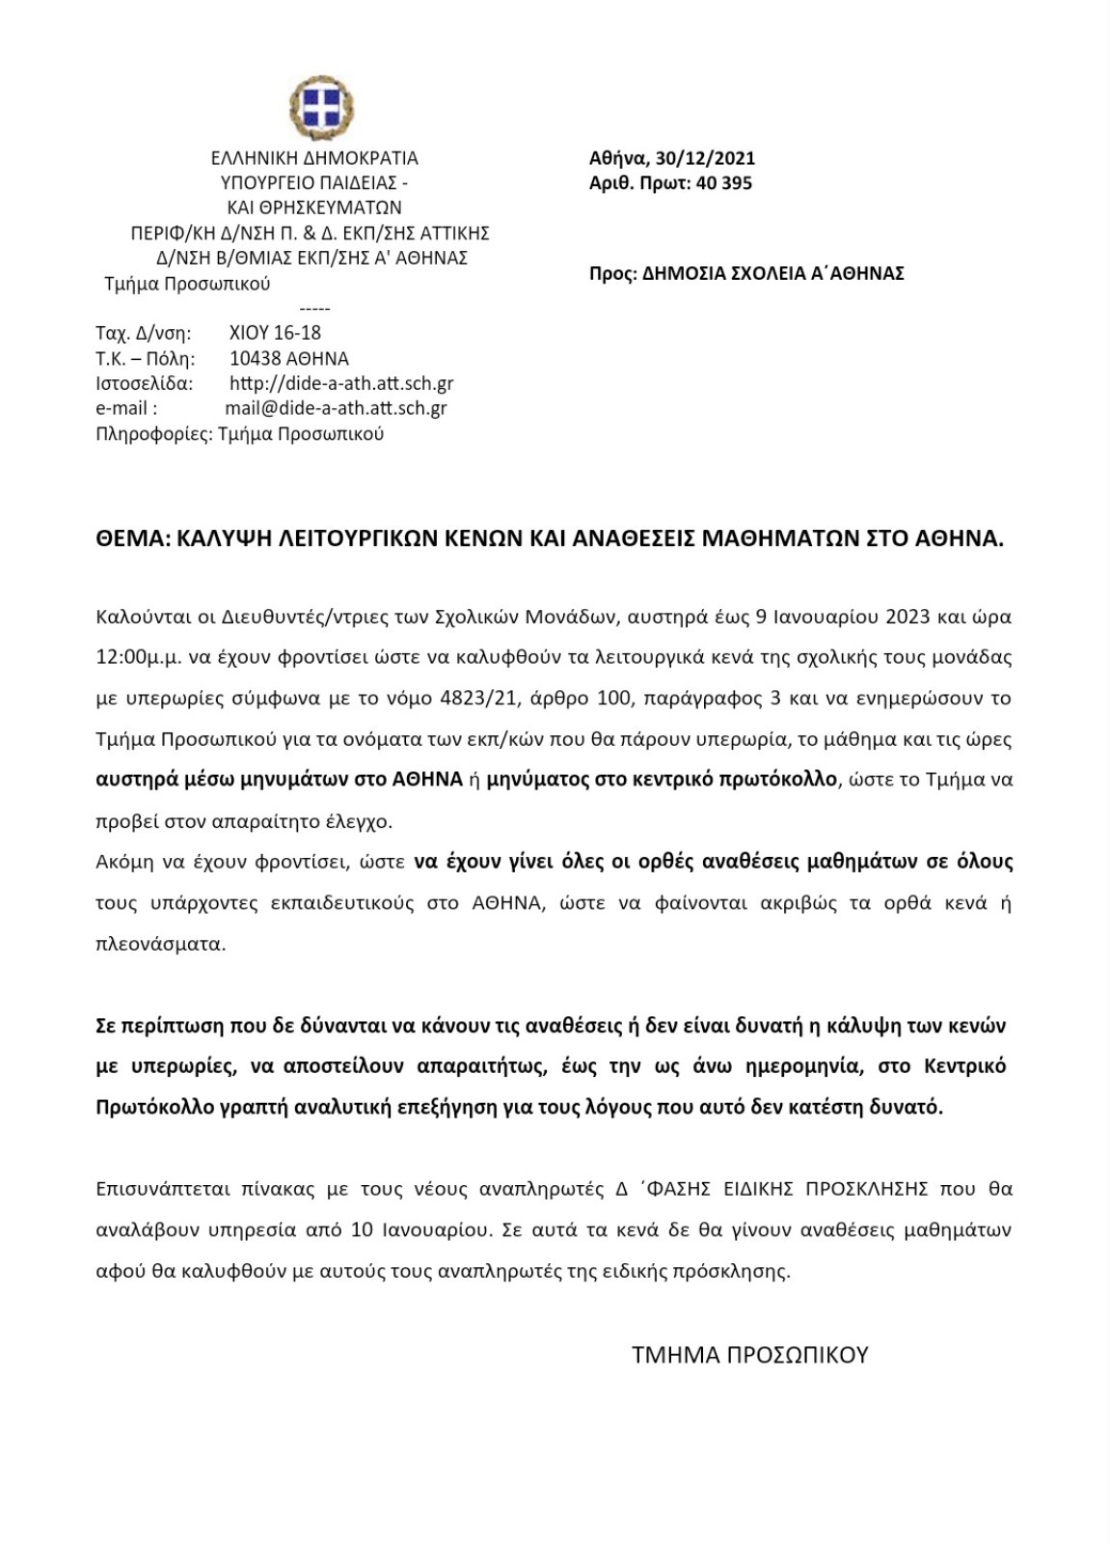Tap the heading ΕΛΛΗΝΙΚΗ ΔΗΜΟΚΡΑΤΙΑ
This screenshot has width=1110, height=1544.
pyautogui.click(x=314, y=159)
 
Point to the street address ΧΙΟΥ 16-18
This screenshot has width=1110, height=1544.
pyautogui.click(x=275, y=333)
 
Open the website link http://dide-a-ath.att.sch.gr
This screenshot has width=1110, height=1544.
pyautogui.click(x=341, y=383)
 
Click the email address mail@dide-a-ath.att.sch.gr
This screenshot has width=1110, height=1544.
pyautogui.click(x=336, y=408)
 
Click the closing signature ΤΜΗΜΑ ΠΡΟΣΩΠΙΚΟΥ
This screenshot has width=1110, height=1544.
pyautogui.click(x=749, y=1355)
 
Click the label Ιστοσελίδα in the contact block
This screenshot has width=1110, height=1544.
pyautogui.click(x=145, y=383)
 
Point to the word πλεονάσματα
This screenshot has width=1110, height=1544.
pyautogui.click(x=161, y=944)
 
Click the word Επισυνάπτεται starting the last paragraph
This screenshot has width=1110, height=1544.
pyautogui.click(x=154, y=1189)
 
